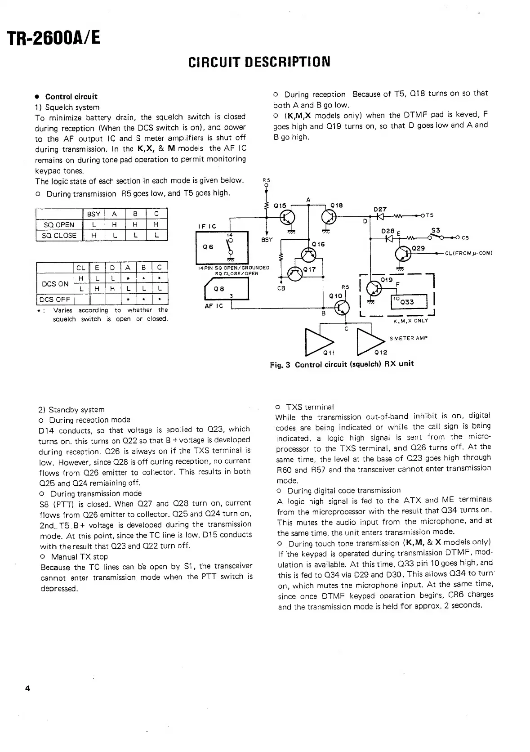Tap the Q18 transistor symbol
[330, 218]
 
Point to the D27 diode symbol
[380, 216]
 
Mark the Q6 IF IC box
[215, 247]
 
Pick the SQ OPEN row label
[59, 225]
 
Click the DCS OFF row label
[54, 300]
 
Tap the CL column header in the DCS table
[81, 268]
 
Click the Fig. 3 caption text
[342, 364]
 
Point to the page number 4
[27, 689]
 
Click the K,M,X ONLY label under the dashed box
[410, 321]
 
